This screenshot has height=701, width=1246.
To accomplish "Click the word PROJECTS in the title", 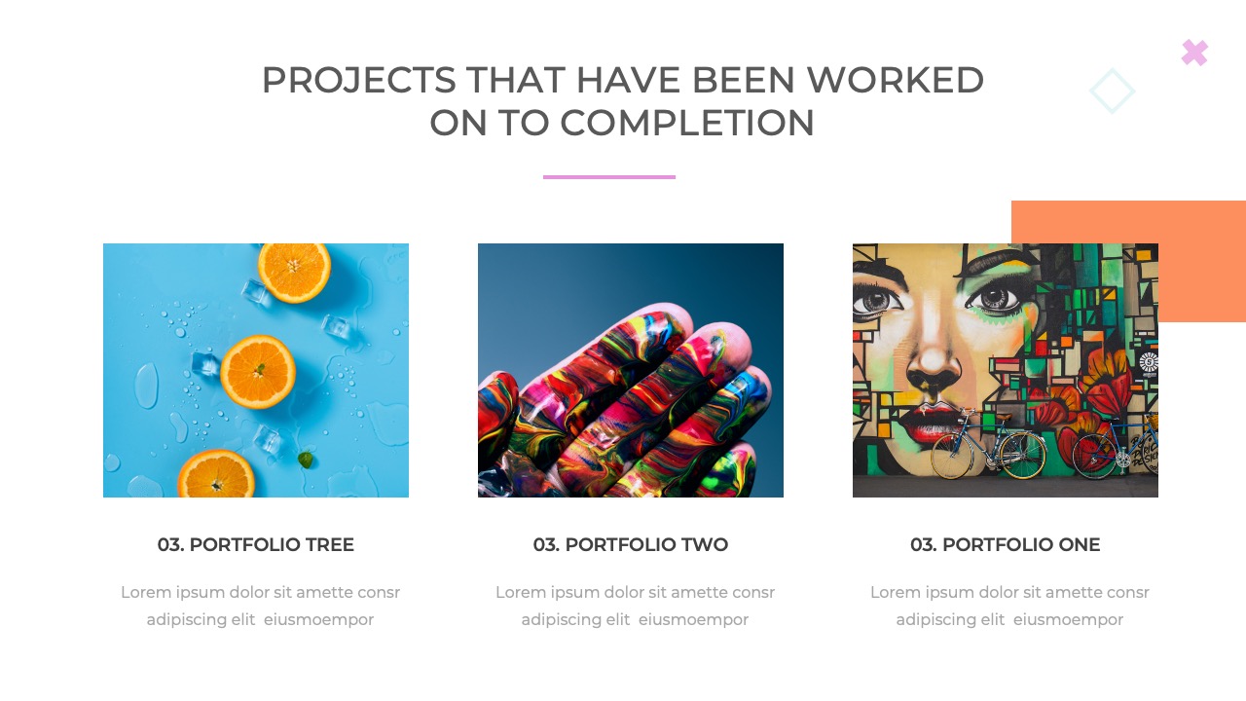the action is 359,80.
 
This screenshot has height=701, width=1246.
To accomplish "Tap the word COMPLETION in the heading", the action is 686,123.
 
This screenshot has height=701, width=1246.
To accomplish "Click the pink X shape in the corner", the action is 1194,54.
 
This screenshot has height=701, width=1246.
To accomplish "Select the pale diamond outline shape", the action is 1112,91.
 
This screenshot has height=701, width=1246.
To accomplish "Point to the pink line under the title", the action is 609,177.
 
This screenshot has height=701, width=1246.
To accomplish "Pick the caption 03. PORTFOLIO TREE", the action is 256,544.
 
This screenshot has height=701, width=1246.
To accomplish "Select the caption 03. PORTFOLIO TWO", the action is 631,544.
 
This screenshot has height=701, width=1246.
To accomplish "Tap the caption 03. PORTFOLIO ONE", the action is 1006,544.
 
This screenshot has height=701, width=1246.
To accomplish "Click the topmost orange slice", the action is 294,272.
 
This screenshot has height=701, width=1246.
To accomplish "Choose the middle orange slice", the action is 258,372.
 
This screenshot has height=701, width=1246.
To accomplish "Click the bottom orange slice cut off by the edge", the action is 216,474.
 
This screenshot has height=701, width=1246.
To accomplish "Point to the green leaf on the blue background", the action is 306,460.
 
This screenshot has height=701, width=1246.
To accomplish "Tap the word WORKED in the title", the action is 896,80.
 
